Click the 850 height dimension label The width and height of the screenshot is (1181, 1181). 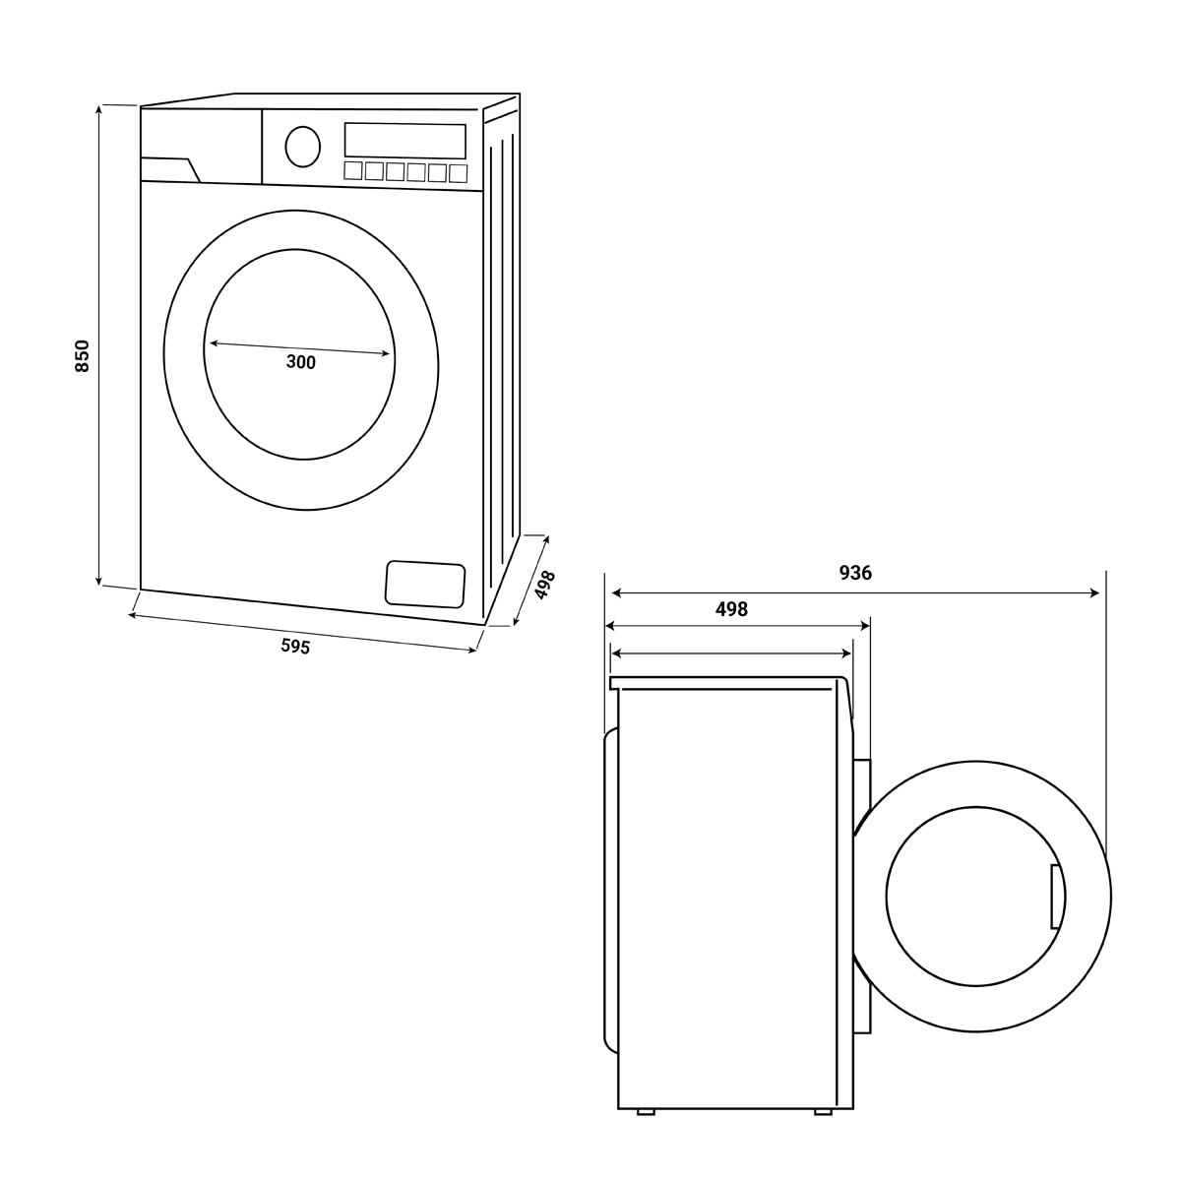pos(82,356)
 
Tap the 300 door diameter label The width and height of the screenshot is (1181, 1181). pos(301,362)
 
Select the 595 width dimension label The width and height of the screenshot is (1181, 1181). pos(295,646)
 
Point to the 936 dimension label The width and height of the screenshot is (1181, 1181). pos(855,573)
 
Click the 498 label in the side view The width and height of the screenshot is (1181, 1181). pos(732,609)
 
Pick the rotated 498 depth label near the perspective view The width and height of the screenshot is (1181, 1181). pos(544,585)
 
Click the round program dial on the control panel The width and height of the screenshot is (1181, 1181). pos(303,147)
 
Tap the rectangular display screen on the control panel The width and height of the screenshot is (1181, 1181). pos(405,141)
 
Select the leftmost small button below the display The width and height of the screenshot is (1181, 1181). pos(353,170)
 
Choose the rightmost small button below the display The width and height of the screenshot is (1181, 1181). pos(458,173)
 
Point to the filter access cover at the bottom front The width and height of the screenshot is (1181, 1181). pos(425,584)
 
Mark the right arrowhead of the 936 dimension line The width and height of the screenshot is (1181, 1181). pos(1094,592)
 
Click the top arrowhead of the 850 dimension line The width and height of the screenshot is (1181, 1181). pos(98,111)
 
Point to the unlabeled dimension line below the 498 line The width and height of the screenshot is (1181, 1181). pos(732,653)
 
